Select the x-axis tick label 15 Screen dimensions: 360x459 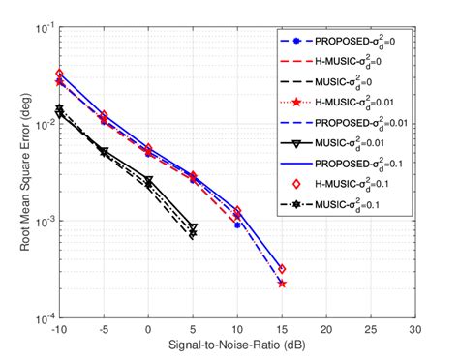point(282,330)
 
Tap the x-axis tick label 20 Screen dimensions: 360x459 point(326,330)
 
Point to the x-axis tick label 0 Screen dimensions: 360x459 point(148,330)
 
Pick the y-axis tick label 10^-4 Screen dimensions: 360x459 point(45,317)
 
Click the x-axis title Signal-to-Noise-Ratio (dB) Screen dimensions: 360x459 point(237,345)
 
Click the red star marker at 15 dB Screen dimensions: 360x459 point(282,284)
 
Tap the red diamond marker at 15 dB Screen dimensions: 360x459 point(282,269)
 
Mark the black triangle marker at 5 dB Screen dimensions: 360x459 point(193,227)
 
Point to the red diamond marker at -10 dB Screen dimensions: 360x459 point(60,74)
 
